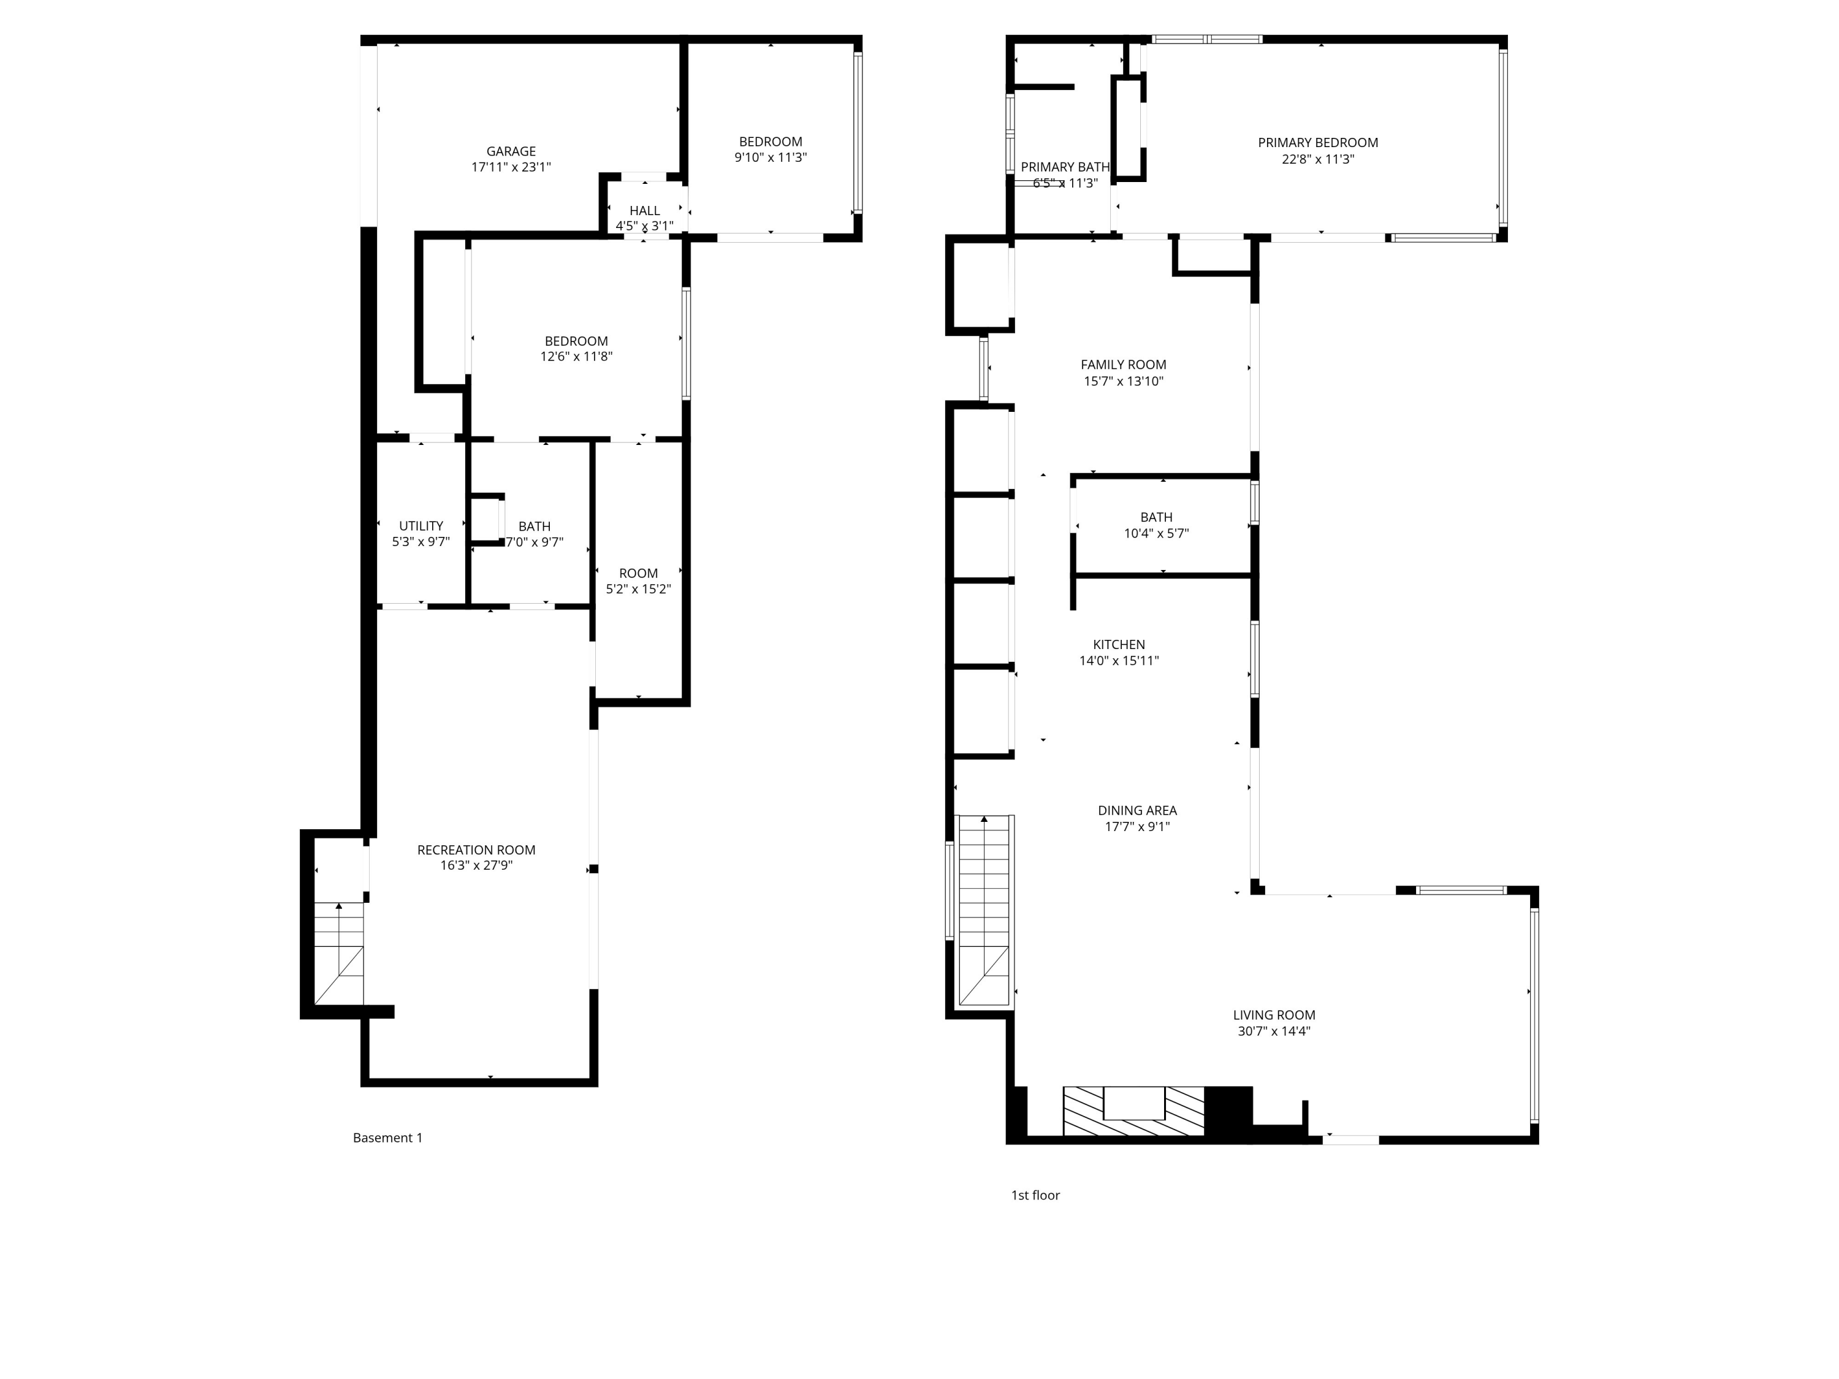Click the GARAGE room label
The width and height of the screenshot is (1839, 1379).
[511, 151]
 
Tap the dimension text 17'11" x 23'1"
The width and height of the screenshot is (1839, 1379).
[511, 167]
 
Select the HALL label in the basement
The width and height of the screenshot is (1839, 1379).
[644, 211]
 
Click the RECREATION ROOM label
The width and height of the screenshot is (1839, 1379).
[476, 849]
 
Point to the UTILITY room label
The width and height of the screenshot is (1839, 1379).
[421, 526]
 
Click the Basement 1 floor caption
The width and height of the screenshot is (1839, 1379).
[387, 1138]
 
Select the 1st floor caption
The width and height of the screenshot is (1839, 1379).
[1035, 1195]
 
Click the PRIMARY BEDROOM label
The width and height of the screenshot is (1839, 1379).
[1318, 143]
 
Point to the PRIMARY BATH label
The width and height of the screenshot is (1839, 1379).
[1065, 167]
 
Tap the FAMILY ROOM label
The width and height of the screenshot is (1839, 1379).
[1123, 365]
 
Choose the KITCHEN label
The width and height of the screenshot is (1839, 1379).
[1118, 645]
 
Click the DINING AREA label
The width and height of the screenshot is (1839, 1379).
[1137, 810]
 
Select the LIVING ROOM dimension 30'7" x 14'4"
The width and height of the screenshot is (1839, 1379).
[1274, 1031]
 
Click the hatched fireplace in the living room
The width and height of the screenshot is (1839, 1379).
[1133, 1111]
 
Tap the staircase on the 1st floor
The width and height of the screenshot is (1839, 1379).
[984, 910]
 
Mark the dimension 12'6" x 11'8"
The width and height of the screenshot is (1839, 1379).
[576, 357]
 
